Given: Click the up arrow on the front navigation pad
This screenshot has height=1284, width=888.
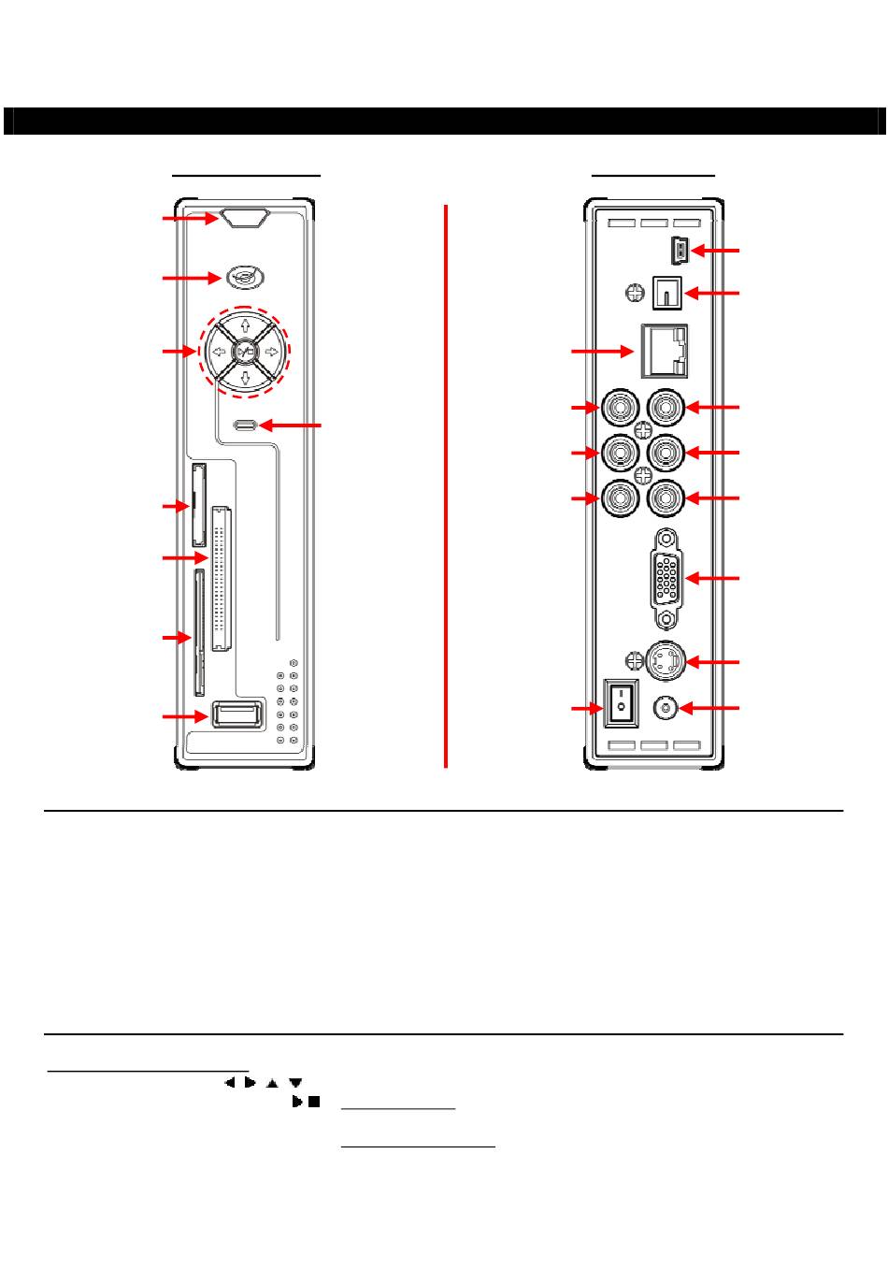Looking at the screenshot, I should (x=245, y=326).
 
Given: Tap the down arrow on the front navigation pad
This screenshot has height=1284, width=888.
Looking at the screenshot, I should (x=245, y=378).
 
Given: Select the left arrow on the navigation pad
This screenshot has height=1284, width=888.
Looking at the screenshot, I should (x=217, y=353).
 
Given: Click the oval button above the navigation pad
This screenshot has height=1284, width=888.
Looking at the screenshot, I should (x=244, y=278).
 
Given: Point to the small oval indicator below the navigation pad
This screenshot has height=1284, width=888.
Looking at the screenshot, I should (x=245, y=426).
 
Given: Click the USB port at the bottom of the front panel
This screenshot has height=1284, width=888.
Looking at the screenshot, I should (x=237, y=715).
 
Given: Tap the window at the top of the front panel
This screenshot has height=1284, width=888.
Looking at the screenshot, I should (x=245, y=218).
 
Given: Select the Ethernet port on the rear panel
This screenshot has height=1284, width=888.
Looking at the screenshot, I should (x=664, y=351).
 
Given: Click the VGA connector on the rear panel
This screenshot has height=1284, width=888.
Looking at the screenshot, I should (x=666, y=579).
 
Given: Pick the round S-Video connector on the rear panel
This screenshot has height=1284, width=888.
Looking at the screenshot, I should (x=666, y=661).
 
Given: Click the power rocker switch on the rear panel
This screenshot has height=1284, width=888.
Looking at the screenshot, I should (x=620, y=703).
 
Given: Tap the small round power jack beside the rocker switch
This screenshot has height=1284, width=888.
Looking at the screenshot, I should (x=664, y=708).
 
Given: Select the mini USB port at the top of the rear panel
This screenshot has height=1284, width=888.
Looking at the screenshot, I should (x=679, y=251).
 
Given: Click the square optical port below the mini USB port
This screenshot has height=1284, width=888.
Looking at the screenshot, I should (x=666, y=293).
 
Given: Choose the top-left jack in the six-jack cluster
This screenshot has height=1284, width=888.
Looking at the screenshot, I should (x=620, y=408).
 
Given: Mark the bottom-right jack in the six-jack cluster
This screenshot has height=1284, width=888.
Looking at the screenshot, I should (x=666, y=498).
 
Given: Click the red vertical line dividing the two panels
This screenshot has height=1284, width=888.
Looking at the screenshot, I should (x=446, y=486).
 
